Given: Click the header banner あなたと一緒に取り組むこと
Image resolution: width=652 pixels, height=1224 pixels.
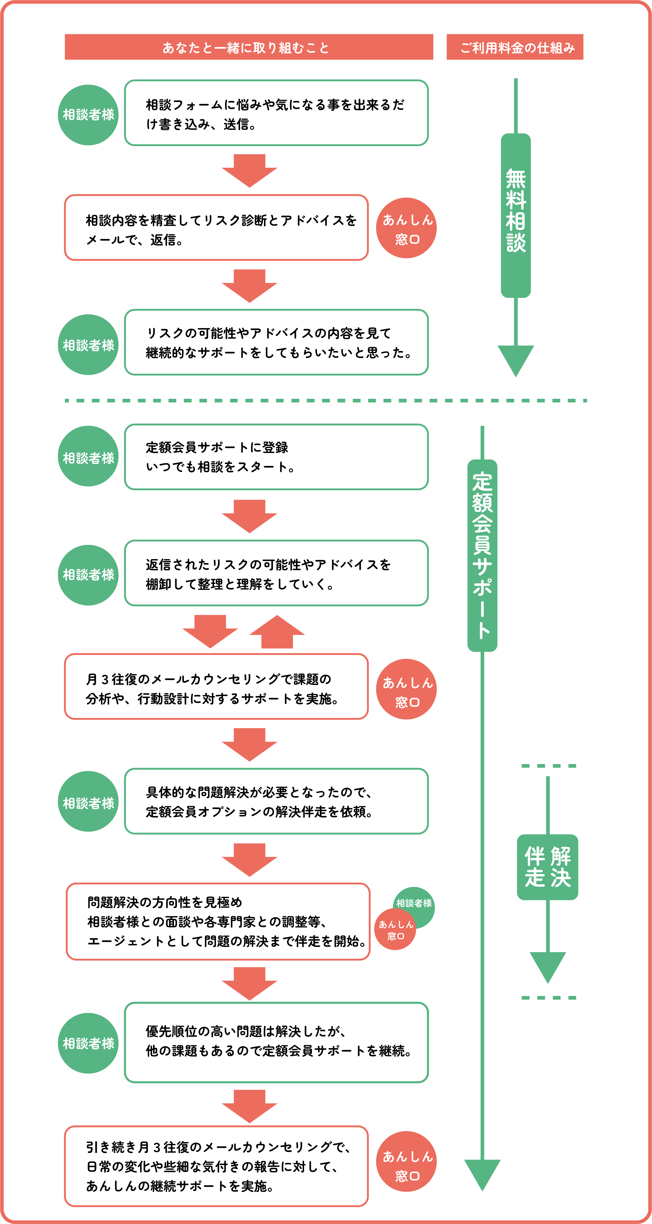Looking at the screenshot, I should pyautogui.click(x=249, y=47).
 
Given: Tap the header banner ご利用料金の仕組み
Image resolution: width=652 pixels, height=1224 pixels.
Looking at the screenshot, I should pyautogui.click(x=515, y=47).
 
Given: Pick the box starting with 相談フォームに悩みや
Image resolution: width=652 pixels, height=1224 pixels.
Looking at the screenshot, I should pyautogui.click(x=276, y=113).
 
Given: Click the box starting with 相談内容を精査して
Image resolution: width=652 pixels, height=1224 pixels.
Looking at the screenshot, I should pyautogui.click(x=216, y=228).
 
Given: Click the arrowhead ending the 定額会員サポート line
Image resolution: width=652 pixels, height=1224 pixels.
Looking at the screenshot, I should pyautogui.click(x=482, y=1174).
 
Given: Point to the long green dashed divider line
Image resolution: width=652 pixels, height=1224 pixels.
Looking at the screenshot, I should pyautogui.click(x=326, y=401).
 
